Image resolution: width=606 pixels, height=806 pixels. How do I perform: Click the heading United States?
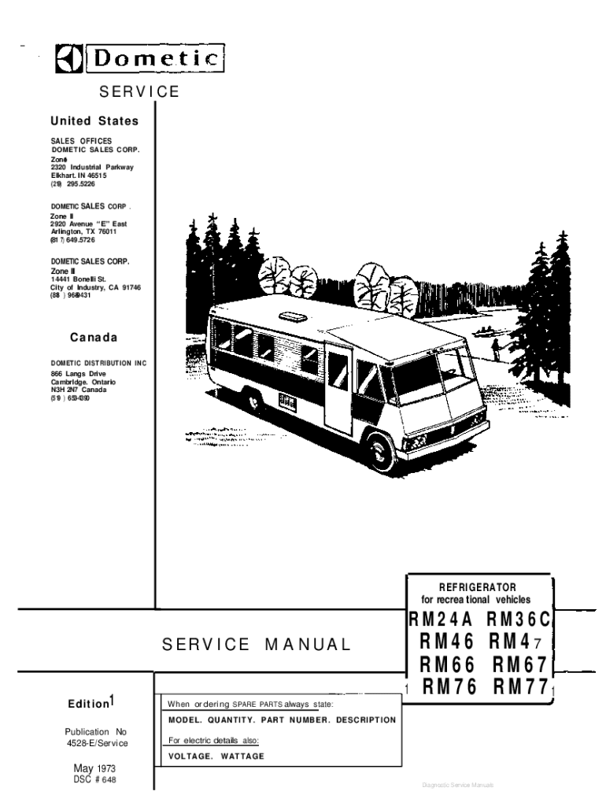(x=94, y=121)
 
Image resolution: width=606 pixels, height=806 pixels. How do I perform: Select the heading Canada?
(x=94, y=338)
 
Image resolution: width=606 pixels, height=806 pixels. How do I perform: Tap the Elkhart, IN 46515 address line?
(x=79, y=176)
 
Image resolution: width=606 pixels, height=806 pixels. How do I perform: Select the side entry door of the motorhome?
(x=338, y=391)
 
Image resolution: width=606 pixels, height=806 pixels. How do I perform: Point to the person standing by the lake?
(x=495, y=346)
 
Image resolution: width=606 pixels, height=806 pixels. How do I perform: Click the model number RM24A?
(x=440, y=620)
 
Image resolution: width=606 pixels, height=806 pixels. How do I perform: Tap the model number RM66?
(x=447, y=666)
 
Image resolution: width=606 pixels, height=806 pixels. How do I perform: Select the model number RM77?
(x=520, y=688)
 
